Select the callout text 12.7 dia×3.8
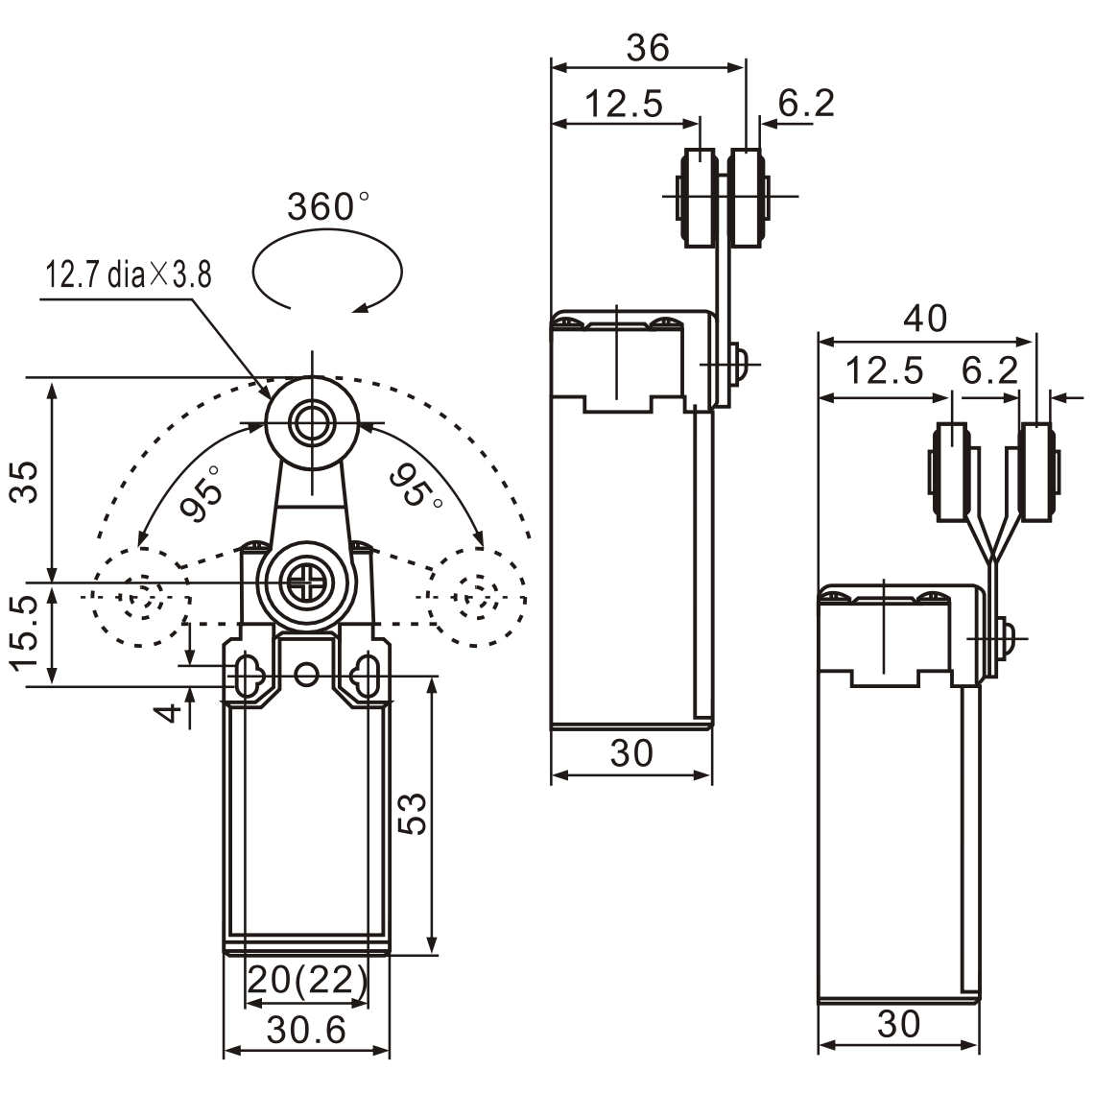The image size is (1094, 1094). [x=129, y=275]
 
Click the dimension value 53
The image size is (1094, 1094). [x=413, y=814]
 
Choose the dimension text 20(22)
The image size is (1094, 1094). [x=307, y=980]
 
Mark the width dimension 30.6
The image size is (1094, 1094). [x=306, y=1031]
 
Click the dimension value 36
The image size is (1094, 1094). [x=648, y=48]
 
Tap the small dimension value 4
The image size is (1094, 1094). [x=169, y=712]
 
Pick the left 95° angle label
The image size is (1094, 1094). [x=202, y=493]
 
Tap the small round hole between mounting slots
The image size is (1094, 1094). [x=307, y=676]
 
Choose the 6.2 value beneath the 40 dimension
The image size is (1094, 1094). [x=988, y=370]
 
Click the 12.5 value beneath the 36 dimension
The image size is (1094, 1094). [x=624, y=104]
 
